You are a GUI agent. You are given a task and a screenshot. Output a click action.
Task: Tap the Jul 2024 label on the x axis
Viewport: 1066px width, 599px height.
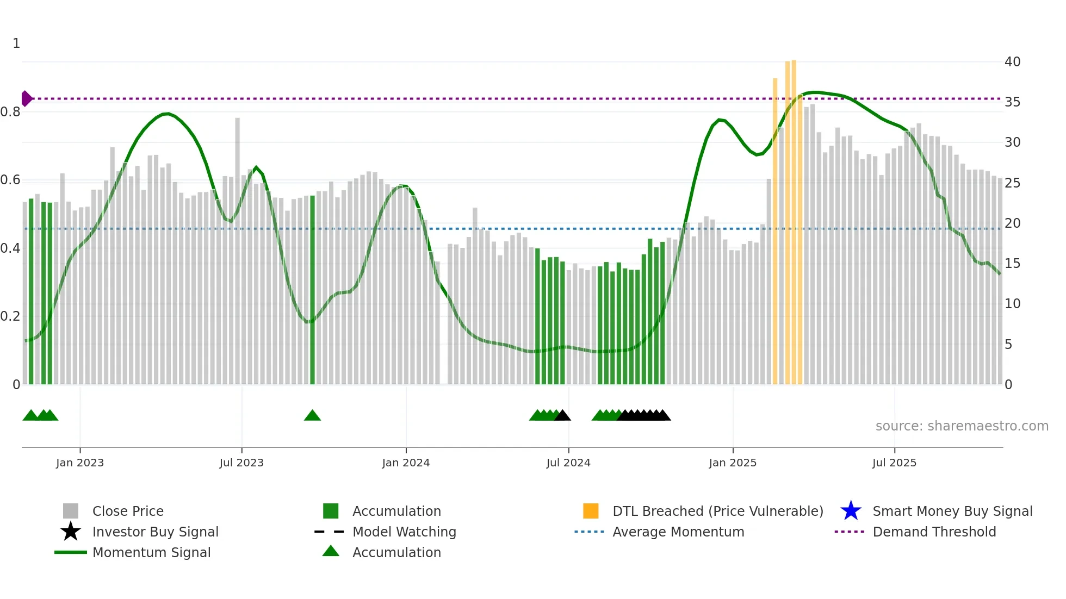tap(568, 463)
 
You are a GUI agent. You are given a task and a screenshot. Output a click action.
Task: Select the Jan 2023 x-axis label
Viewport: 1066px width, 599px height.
tap(80, 463)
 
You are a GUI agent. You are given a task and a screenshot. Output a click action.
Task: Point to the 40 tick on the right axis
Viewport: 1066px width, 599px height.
tap(1012, 61)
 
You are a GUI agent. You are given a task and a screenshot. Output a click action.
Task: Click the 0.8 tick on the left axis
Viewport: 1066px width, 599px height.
tap(10, 112)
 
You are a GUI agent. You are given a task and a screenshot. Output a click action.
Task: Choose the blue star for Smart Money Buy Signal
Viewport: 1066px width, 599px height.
tap(851, 511)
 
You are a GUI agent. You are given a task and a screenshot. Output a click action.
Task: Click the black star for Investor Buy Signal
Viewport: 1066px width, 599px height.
tap(71, 532)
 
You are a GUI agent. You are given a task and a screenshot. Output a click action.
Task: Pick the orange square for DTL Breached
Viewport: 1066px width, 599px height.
tap(591, 511)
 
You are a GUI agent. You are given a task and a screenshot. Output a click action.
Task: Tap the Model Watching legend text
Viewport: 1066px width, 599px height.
tap(404, 532)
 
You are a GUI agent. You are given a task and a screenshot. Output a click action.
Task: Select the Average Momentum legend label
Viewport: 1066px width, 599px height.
tap(678, 532)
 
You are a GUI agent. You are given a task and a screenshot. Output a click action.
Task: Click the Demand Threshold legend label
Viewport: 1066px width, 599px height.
tap(934, 532)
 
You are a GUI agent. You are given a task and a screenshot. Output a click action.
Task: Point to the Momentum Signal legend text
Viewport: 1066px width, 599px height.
tap(151, 552)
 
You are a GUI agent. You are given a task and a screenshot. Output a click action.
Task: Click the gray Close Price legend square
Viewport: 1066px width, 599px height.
tap(71, 511)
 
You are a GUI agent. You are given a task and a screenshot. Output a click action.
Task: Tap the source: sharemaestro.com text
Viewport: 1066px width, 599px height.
tap(962, 426)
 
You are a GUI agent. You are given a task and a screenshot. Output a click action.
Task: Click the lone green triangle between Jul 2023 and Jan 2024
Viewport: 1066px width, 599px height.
tap(312, 416)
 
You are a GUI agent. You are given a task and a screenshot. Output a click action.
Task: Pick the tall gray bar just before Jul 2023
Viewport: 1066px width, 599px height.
tap(238, 250)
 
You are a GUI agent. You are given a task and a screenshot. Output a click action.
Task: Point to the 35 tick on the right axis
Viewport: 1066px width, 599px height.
tap(1012, 102)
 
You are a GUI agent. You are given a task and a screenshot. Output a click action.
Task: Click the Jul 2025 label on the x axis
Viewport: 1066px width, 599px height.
tap(894, 463)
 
